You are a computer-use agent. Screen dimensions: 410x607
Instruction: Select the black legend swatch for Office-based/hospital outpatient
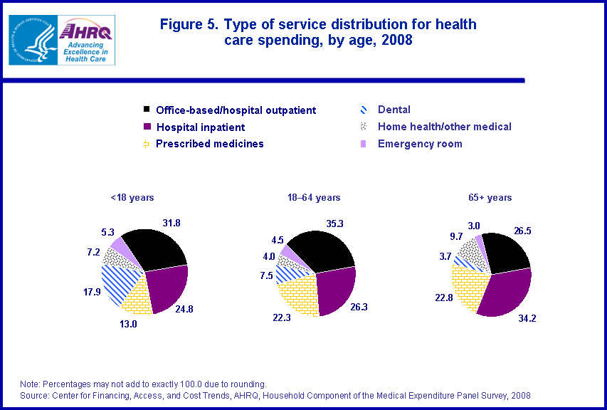pos(147,110)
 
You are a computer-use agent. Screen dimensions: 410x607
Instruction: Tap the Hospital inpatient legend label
pos(200,127)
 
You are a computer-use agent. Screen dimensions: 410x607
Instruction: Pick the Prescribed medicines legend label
pos(209,144)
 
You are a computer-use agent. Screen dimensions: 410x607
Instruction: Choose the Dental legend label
pos(394,110)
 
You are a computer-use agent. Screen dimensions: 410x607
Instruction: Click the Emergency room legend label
pos(420,144)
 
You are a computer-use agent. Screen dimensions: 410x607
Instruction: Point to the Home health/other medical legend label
pos(445,127)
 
